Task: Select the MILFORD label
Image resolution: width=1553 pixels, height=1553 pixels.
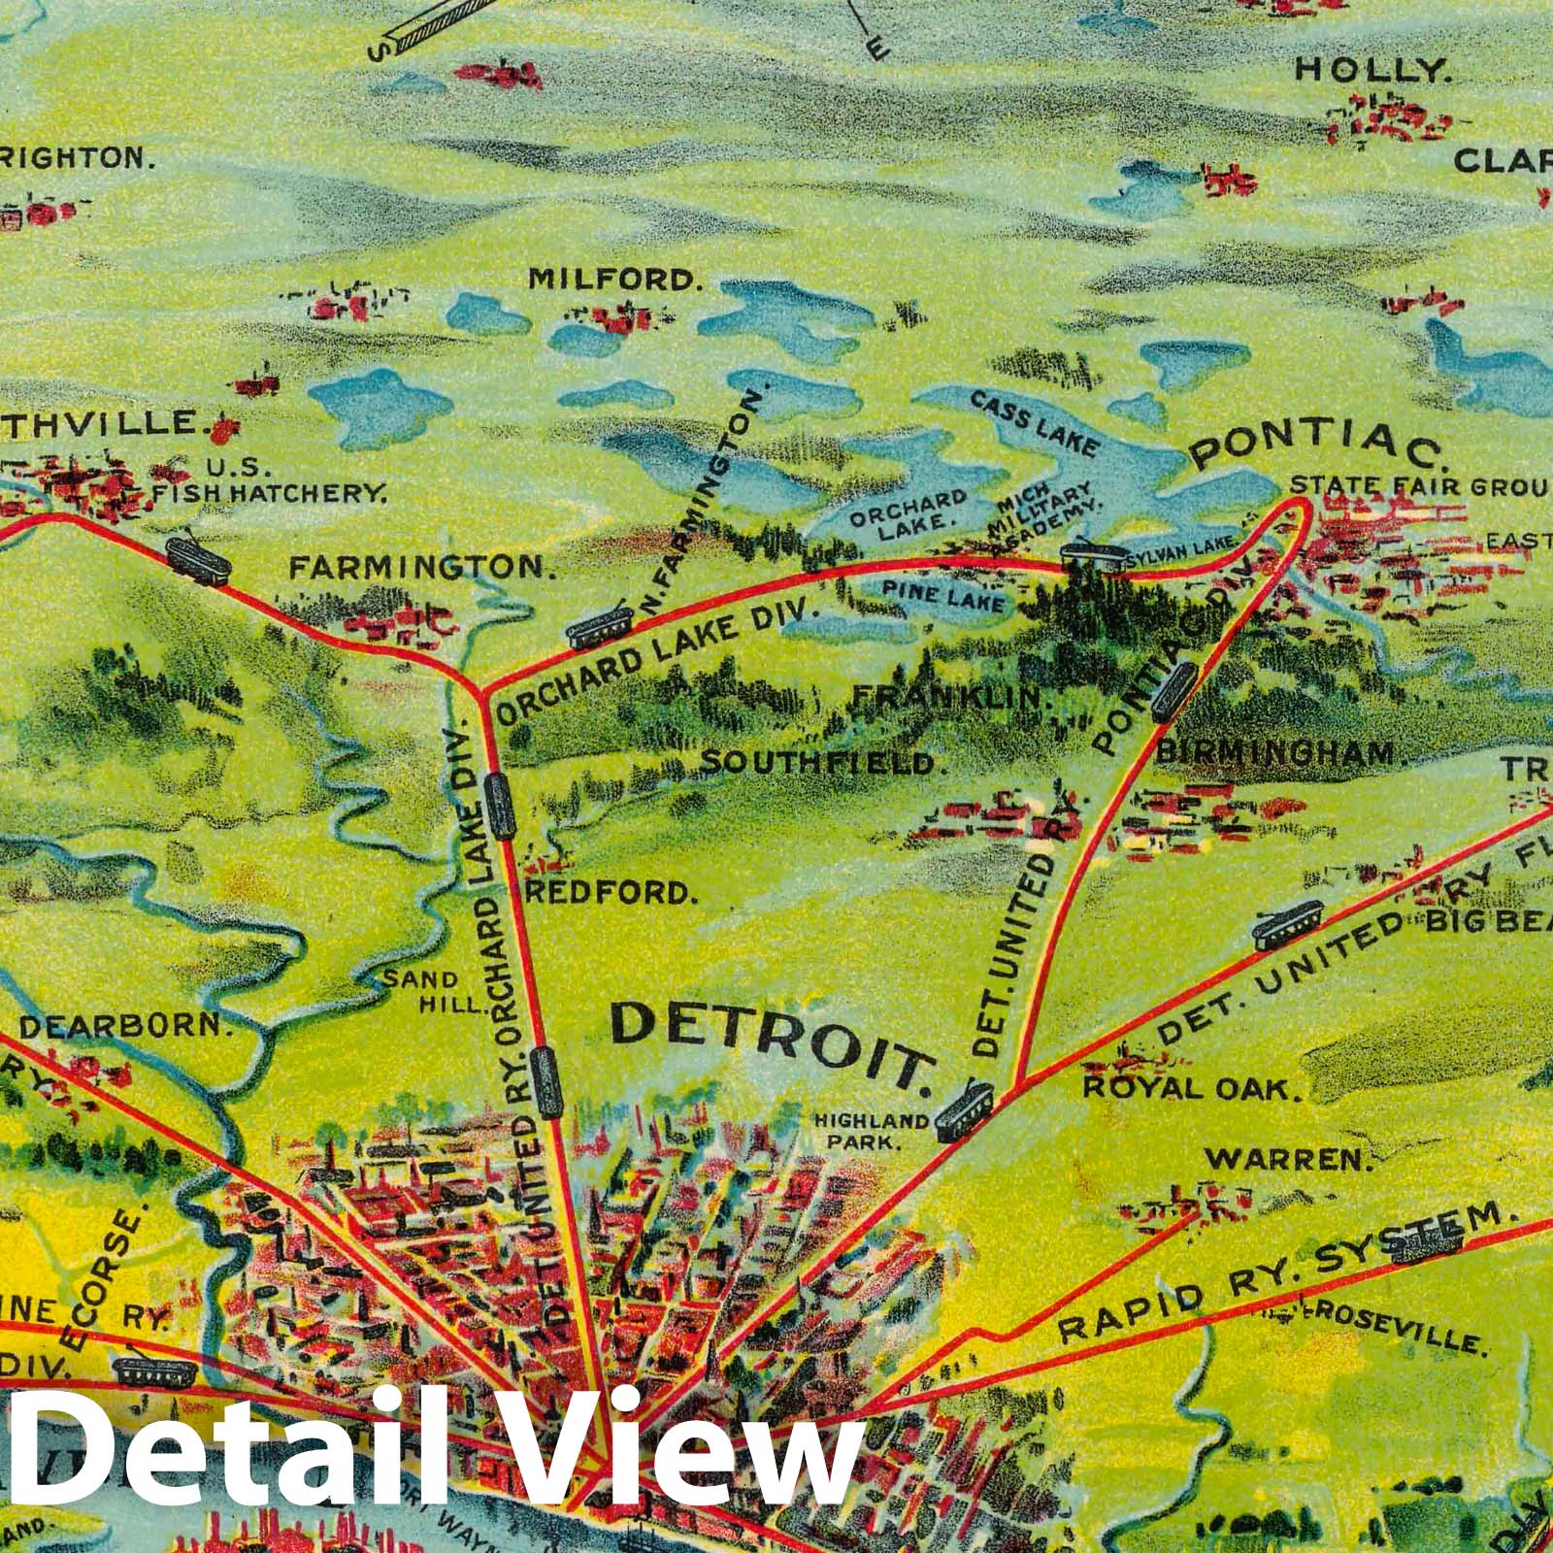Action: tap(613, 280)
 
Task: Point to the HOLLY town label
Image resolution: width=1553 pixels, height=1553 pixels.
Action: tap(1372, 70)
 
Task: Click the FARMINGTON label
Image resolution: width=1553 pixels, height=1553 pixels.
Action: tap(422, 567)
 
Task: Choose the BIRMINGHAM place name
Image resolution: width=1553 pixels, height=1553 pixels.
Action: tap(1275, 751)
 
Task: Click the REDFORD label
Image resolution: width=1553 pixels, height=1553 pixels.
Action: tap(611, 892)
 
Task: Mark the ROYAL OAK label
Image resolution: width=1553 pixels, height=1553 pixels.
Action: tap(1191, 1087)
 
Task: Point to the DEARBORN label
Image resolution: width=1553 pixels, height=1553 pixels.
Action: tap(126, 1026)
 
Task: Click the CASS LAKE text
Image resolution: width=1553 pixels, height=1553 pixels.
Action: tap(1035, 425)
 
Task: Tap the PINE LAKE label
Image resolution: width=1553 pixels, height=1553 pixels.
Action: tap(942, 595)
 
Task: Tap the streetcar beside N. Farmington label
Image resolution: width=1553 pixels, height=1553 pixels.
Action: tap(600, 628)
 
